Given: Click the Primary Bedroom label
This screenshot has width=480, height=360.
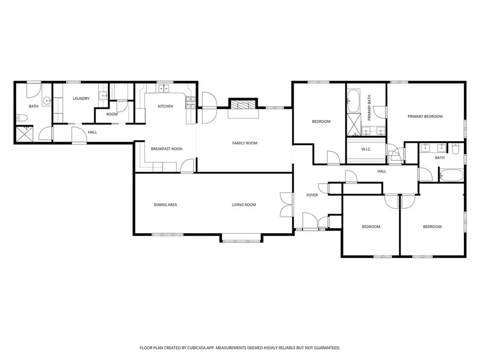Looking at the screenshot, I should point(425,116).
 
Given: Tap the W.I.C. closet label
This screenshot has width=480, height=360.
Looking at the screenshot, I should point(366,149).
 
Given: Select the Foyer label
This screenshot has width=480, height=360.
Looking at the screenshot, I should point(312,195).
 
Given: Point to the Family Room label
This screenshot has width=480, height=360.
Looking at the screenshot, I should point(244,143).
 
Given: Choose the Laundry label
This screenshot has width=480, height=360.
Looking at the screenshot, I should point(81,98).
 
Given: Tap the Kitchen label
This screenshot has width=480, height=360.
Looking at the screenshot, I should point(165,106).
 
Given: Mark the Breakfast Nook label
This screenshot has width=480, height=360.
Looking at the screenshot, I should point(166,149).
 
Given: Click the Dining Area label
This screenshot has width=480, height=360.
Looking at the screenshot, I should point(165,205).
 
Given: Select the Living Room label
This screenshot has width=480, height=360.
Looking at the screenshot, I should point(244,205).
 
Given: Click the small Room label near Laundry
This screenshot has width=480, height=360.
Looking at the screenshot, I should point(112,114).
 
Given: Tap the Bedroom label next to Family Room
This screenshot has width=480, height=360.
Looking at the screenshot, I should point(321,122).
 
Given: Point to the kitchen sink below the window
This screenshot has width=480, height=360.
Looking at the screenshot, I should point(163,89).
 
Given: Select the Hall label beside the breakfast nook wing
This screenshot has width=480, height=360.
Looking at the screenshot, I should point(92,132).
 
